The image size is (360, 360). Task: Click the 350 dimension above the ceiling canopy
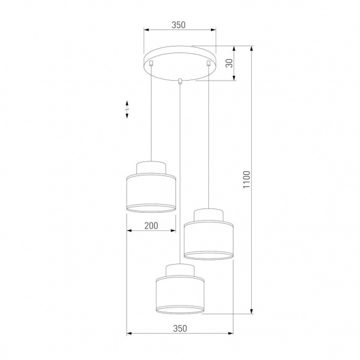click(x=178, y=25)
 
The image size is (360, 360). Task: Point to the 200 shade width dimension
click(x=151, y=226)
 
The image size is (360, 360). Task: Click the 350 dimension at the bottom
click(x=179, y=328)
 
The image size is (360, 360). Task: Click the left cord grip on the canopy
click(x=151, y=62)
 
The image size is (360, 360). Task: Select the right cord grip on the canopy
click(x=208, y=62)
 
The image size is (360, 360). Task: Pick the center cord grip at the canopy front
click(x=180, y=80)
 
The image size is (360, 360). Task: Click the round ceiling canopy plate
click(x=180, y=63)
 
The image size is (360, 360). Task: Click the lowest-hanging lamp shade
click(x=180, y=294)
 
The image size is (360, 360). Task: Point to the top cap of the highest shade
click(x=151, y=167)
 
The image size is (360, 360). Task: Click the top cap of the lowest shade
click(x=180, y=270)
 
